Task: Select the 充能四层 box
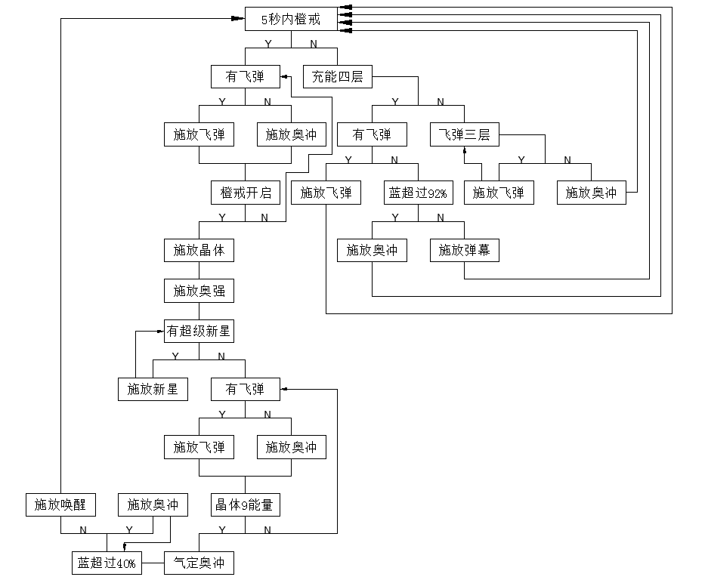coord(337,76)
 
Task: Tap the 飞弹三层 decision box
coord(465,135)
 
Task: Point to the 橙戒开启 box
coord(246,193)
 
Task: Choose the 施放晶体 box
coord(199,249)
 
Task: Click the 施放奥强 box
coord(199,290)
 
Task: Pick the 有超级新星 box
coord(199,331)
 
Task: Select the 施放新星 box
coord(153,389)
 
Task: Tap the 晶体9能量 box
coord(245,504)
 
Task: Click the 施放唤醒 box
coord(60,504)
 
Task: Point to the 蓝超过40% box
coord(107,563)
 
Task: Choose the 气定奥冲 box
coord(199,563)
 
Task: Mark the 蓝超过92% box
coord(418,193)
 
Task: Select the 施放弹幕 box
coord(465,249)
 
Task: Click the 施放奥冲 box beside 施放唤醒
coord(153,504)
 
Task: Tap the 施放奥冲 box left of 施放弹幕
coord(372,249)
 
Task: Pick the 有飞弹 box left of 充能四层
coord(246,76)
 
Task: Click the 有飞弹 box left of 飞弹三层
coord(372,135)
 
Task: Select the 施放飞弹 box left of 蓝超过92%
coord(326,193)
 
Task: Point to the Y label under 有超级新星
coord(175,356)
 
